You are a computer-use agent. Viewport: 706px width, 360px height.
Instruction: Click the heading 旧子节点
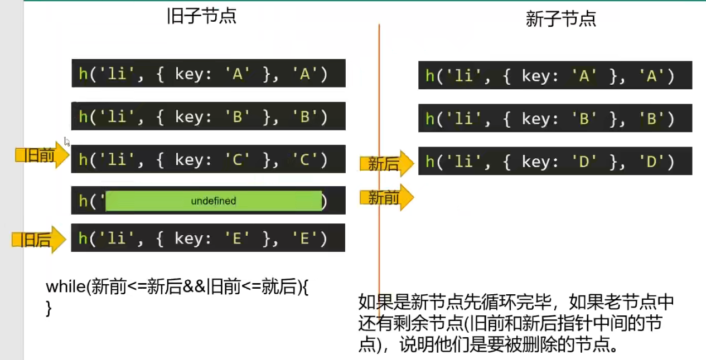point(201,16)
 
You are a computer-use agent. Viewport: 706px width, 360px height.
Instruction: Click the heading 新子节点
point(560,19)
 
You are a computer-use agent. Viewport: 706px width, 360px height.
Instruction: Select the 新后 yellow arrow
point(387,164)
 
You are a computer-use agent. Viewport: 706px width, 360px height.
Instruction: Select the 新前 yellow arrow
point(387,197)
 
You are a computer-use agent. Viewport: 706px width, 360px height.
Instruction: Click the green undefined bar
point(214,201)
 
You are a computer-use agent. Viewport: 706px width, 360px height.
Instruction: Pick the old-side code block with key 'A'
point(208,74)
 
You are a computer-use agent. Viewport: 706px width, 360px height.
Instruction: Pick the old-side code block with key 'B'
point(208,116)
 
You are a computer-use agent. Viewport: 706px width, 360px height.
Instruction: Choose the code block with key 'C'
point(208,160)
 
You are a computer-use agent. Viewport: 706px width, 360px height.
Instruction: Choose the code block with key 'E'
point(208,238)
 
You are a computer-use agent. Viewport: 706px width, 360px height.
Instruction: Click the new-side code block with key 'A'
point(555,75)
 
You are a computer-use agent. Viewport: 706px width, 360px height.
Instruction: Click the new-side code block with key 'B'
point(555,118)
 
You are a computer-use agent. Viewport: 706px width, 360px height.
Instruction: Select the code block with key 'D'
point(555,161)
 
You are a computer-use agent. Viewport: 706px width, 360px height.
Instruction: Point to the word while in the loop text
point(64,287)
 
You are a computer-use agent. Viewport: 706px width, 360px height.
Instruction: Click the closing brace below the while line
point(49,308)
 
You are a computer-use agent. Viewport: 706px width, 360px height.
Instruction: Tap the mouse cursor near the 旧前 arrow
point(66,142)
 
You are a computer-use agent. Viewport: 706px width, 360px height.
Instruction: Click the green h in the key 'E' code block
point(83,238)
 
